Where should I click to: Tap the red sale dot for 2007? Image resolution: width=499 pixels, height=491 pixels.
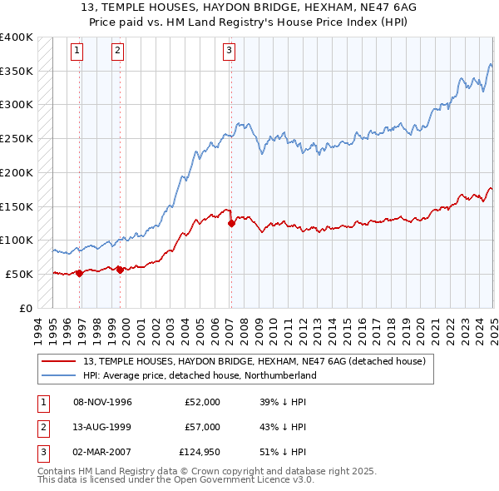coord(231,223)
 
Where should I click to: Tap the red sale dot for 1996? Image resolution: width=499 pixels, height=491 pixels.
coord(80,272)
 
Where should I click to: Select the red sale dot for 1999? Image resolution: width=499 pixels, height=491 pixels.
coord(120,269)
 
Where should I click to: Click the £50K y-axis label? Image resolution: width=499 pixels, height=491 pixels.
coord(19,274)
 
